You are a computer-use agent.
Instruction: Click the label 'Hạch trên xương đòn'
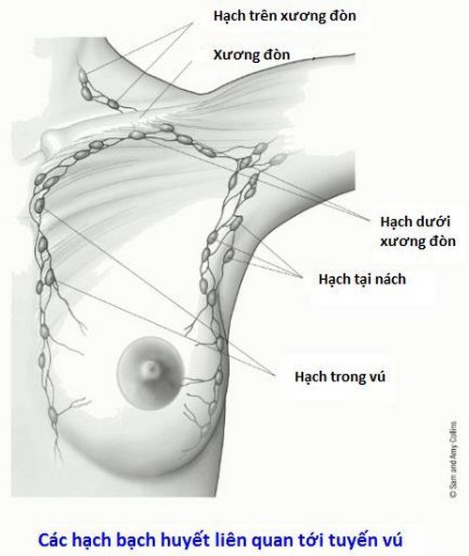point(284,16)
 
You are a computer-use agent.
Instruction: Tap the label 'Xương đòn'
point(251,55)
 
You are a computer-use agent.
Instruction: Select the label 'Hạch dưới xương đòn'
point(417,232)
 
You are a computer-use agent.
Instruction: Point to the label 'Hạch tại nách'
point(362,280)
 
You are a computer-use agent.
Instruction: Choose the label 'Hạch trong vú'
point(340,377)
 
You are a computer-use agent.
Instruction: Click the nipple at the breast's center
point(152,369)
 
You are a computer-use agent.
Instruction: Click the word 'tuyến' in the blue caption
point(356,540)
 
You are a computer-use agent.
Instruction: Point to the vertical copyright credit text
point(453,459)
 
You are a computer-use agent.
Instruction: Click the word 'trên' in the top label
point(265,16)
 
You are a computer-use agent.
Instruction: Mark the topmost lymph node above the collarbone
point(82,75)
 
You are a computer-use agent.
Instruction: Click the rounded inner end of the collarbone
point(49,142)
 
